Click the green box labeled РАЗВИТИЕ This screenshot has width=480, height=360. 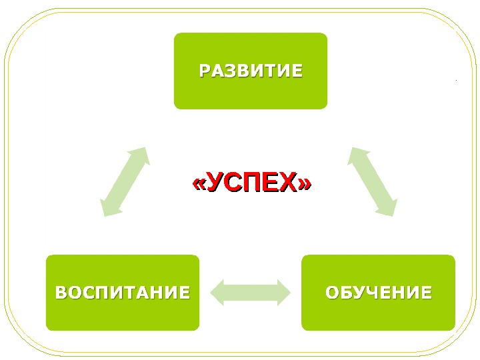click(251, 71)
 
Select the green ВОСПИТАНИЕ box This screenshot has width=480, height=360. click(122, 292)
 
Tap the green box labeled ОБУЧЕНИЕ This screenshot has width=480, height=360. click(378, 292)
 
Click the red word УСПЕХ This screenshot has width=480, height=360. click(251, 183)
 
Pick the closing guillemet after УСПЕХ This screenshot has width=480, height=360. click(305, 183)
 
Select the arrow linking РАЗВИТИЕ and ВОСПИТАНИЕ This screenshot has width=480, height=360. click(125, 182)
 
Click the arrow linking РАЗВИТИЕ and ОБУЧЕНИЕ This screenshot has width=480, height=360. click(373, 181)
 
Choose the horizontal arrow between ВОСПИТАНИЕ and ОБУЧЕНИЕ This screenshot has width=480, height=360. click(251, 292)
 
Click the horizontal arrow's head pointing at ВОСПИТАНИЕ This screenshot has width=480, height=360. click(218, 292)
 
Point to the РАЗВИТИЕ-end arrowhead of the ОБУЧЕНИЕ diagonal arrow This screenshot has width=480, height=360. click(357, 155)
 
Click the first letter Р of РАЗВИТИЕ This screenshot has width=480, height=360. click(205, 71)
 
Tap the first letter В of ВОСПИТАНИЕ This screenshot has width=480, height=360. click(61, 292)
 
